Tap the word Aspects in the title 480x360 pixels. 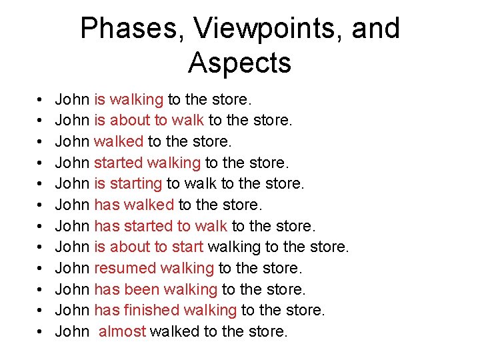click(x=239, y=63)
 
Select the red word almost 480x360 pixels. click(x=122, y=331)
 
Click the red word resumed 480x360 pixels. click(x=121, y=268)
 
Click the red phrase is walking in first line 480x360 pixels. click(x=129, y=100)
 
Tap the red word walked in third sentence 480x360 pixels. click(x=119, y=142)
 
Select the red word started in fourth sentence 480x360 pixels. click(x=119, y=163)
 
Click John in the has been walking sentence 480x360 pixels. click(x=72, y=289)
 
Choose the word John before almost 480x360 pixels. click(x=72, y=331)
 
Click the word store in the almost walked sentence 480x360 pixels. click(x=266, y=331)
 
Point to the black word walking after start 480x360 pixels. click(x=234, y=247)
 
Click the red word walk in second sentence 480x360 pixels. click(x=189, y=121)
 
